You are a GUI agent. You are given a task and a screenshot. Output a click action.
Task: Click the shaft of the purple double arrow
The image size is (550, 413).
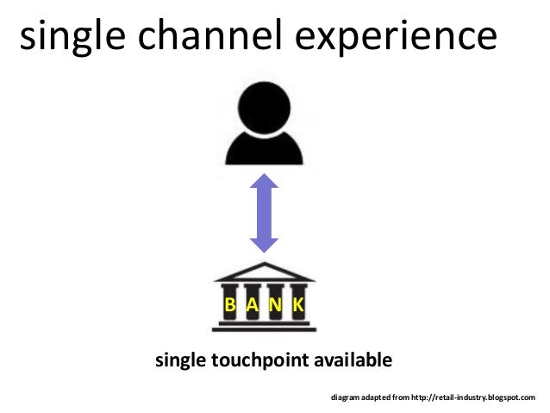point(263,214)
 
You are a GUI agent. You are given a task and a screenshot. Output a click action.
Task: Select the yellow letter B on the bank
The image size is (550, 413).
point(231,305)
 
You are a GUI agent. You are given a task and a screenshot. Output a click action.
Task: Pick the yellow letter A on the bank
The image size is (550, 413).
point(252,305)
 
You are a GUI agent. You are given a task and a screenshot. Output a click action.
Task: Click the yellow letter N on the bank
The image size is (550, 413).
point(274,305)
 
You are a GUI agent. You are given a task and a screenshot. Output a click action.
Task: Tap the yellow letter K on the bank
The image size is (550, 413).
point(297,305)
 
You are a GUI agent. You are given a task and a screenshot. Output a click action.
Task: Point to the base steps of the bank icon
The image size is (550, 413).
point(264,326)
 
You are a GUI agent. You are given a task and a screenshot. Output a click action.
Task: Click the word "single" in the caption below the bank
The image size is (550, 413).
point(179,359)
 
